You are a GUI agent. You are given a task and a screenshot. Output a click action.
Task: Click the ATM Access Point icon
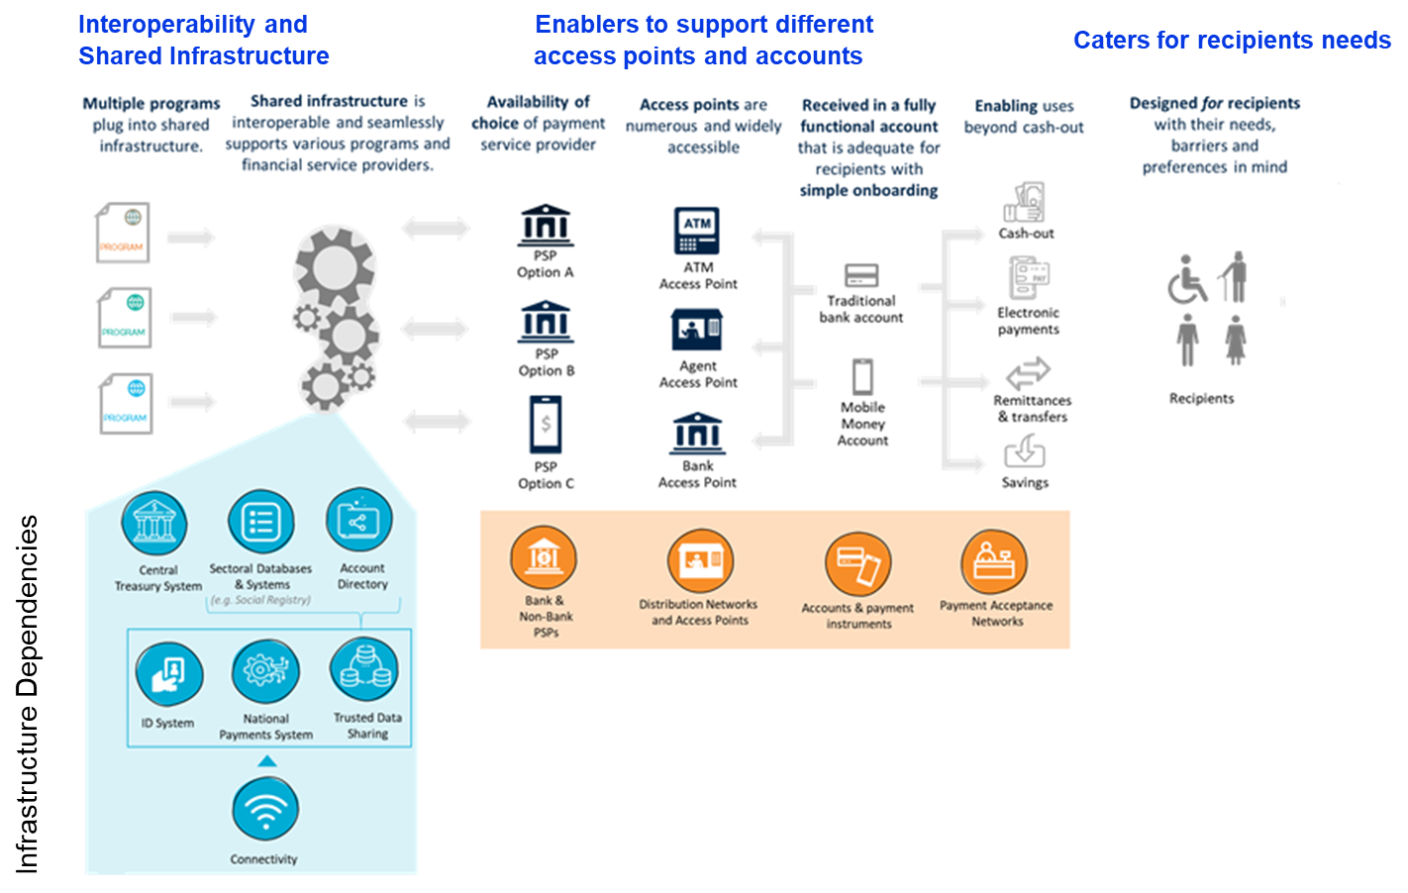(x=697, y=231)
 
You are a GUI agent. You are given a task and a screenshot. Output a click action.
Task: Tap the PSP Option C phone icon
(x=546, y=425)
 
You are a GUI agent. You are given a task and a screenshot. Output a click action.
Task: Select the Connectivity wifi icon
(x=264, y=810)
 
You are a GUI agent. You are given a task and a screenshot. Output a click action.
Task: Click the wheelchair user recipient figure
(x=1186, y=280)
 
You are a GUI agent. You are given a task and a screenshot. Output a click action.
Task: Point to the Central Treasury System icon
(x=154, y=523)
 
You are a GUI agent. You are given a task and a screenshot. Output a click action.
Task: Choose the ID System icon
(x=169, y=674)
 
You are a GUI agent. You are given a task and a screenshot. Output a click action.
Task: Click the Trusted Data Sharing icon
(x=364, y=670)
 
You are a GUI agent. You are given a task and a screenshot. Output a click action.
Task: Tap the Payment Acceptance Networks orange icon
(x=994, y=562)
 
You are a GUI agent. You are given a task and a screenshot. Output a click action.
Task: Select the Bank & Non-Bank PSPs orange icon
(x=544, y=557)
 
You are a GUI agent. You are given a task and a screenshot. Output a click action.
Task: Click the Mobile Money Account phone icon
(x=862, y=377)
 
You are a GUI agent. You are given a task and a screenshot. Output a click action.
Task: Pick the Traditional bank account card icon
(x=861, y=274)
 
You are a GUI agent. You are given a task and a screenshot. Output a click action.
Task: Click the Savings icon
(x=1025, y=452)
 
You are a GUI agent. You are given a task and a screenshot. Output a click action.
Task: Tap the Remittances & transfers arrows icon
(x=1029, y=373)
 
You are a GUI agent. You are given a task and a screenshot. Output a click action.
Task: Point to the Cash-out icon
(x=1025, y=203)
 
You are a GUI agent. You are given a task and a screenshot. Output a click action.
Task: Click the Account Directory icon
(x=358, y=520)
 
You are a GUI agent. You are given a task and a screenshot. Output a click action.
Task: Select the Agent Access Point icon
(x=697, y=330)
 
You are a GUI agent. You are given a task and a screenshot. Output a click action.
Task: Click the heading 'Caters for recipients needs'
(x=1232, y=41)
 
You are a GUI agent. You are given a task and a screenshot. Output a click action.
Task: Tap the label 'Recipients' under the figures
(x=1201, y=398)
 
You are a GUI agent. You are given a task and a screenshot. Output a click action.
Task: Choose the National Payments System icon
(x=264, y=671)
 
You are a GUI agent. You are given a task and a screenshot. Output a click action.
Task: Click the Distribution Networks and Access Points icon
(x=700, y=561)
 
